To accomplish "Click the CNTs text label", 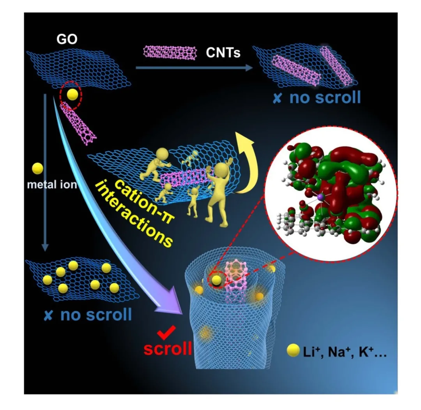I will point(223,52).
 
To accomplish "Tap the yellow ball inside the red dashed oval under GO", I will point(72,95).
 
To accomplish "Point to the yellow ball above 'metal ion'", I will point(37,168).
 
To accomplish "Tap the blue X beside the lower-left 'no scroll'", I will point(48,314).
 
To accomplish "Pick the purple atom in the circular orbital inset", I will point(321,198).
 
